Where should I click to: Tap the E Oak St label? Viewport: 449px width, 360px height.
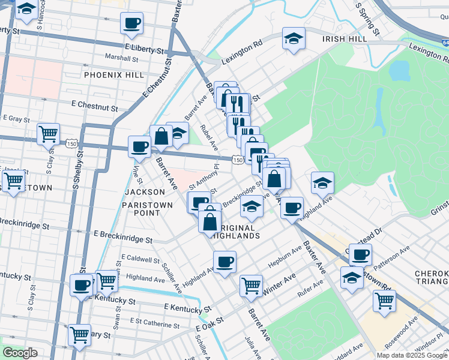(x=211, y=328)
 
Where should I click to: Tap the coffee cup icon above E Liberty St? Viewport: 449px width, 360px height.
(x=132, y=23)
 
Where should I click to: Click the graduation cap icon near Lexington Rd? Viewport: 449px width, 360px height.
(x=294, y=38)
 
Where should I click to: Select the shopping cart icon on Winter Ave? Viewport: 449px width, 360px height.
(x=251, y=285)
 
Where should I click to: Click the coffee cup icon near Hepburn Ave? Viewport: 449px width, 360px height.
(x=224, y=262)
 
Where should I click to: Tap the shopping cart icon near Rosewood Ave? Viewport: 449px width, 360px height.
(x=384, y=301)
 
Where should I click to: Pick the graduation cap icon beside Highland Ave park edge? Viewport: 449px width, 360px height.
(x=323, y=182)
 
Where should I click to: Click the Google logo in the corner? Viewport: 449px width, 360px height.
(x=20, y=353)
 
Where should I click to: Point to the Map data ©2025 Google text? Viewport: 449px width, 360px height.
(x=412, y=355)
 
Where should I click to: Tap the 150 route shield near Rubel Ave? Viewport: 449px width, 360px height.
(x=237, y=160)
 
